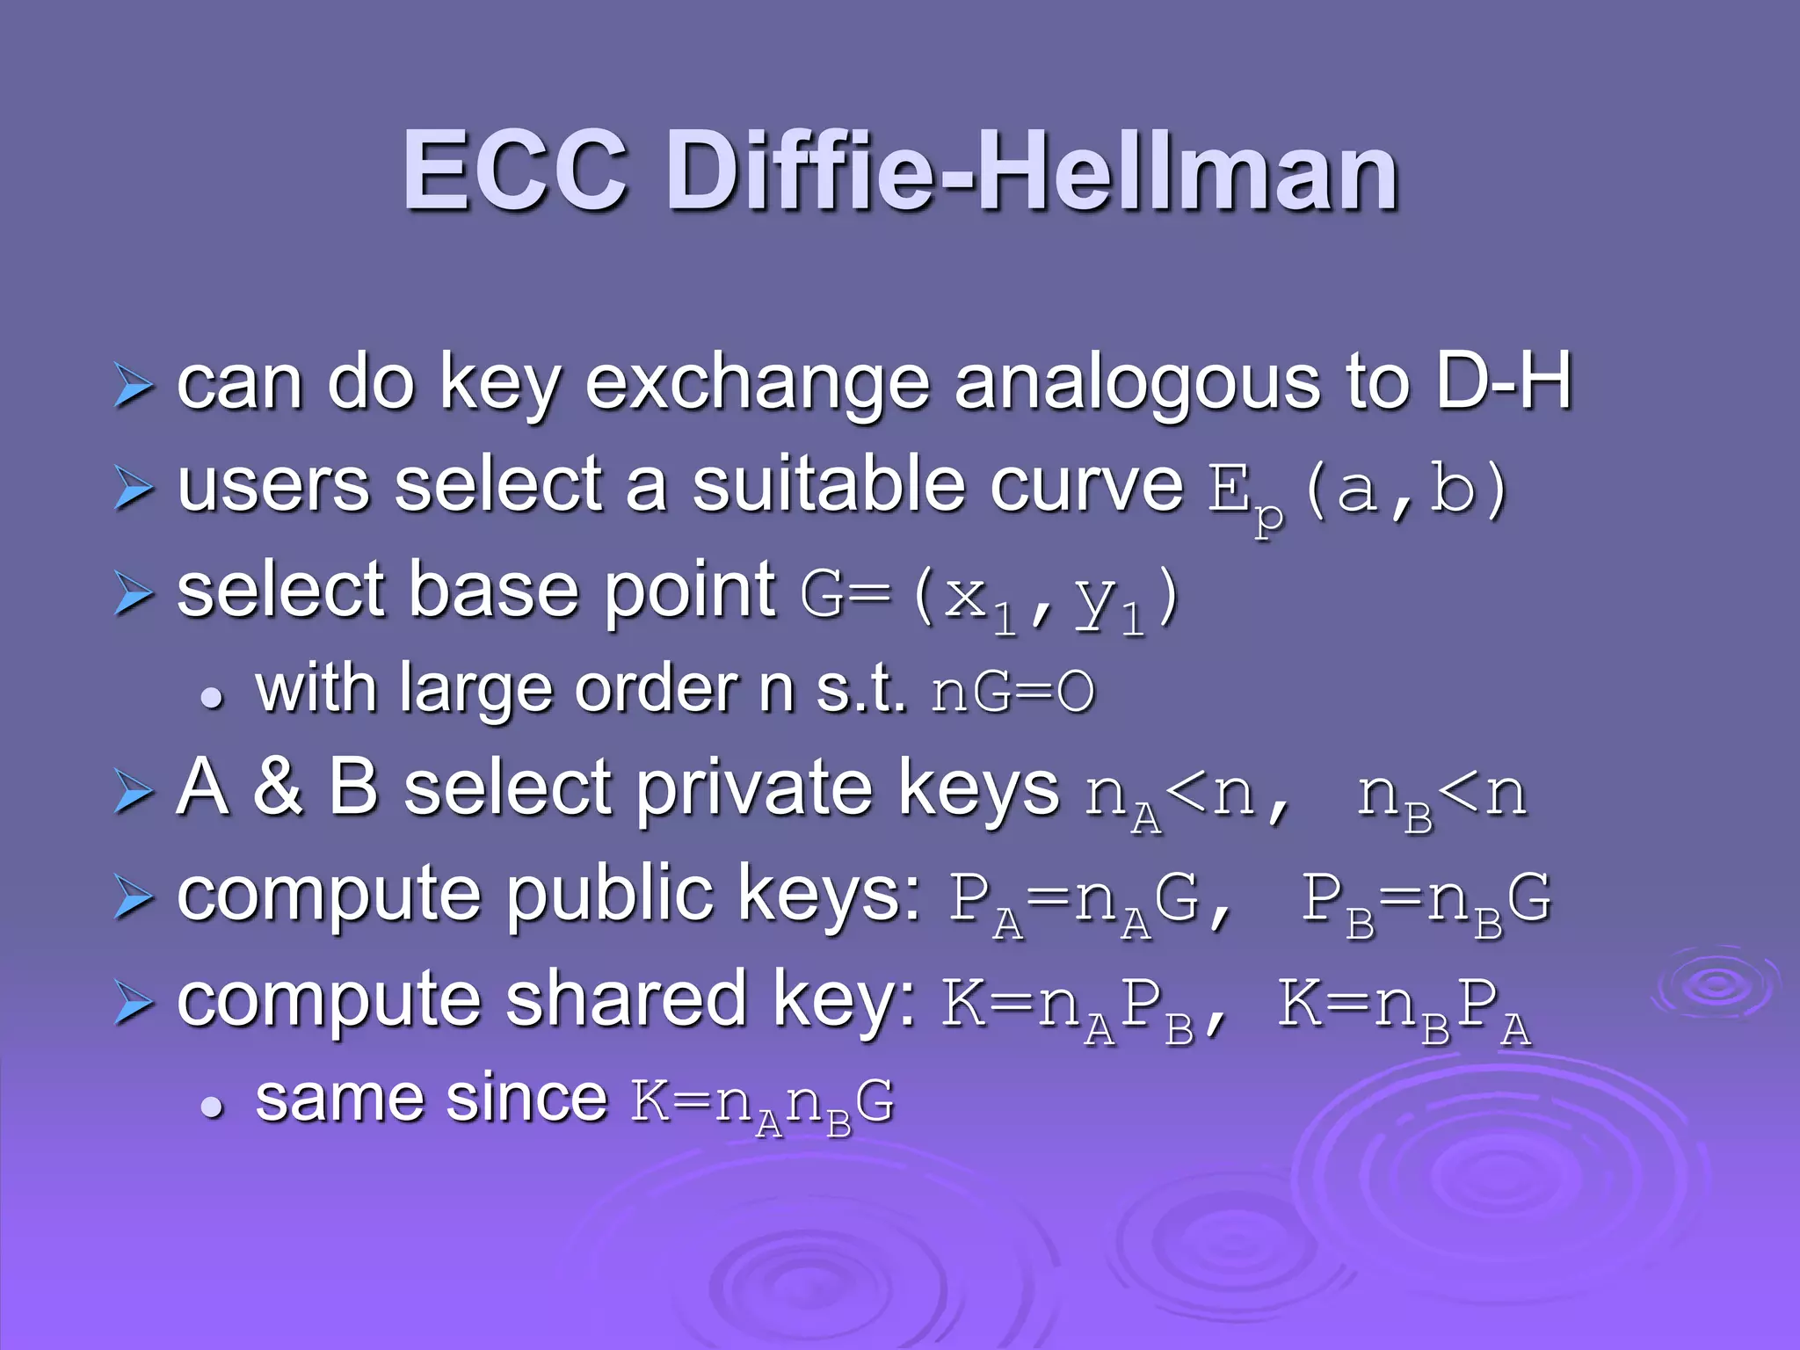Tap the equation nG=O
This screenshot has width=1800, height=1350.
pos(1013,693)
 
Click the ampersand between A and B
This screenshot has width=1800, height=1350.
pos(278,787)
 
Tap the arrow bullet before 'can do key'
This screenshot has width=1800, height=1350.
pos(134,387)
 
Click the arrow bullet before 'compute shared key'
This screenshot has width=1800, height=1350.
pos(134,1005)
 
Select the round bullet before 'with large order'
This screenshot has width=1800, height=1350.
pos(212,698)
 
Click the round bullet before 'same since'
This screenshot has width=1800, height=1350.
pos(212,1107)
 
